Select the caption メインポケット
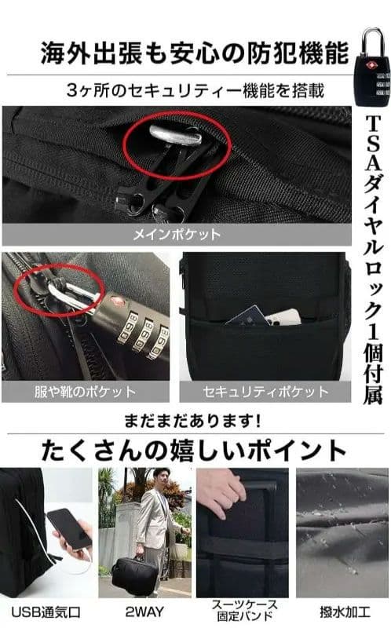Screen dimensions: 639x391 tap(176, 234)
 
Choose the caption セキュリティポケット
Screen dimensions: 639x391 tap(265, 391)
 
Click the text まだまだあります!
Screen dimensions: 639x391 tap(195, 421)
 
